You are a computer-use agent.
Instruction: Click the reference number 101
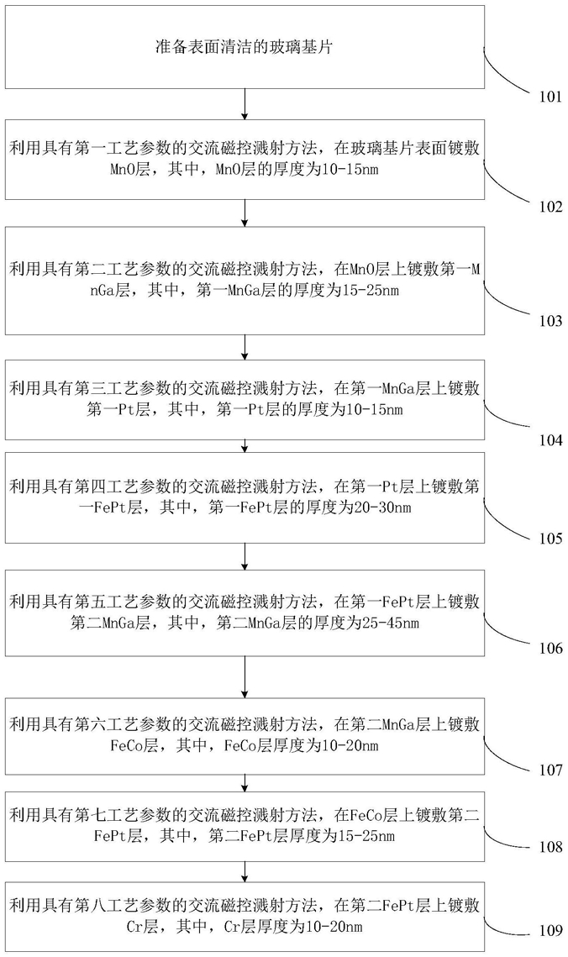(551, 97)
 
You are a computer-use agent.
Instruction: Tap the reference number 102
(551, 207)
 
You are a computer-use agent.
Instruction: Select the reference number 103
(551, 321)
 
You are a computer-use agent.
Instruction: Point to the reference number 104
(551, 440)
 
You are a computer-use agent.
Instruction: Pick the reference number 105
(551, 539)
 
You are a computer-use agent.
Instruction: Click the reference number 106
(551, 648)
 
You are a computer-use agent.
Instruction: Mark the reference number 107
(551, 770)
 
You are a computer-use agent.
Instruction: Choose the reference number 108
(551, 847)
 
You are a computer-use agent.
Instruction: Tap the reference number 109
(551, 931)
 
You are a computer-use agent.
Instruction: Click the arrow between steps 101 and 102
(245, 103)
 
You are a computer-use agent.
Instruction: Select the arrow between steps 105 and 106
(245, 556)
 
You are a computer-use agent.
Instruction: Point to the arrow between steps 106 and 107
(245, 677)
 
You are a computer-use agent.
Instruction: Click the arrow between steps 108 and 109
(245, 871)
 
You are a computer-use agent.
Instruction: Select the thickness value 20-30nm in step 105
(382, 507)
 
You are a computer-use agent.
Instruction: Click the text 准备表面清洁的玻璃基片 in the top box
(244, 47)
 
